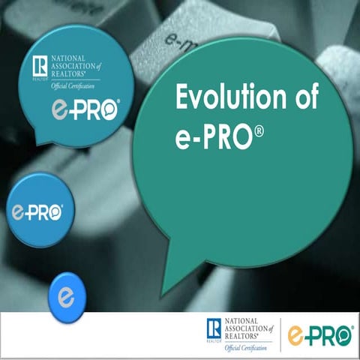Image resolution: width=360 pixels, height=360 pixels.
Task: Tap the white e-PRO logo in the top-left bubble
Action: [82, 112]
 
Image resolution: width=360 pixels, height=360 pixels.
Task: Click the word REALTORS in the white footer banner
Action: [240, 336]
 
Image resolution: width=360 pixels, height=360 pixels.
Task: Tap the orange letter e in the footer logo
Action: [297, 333]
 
